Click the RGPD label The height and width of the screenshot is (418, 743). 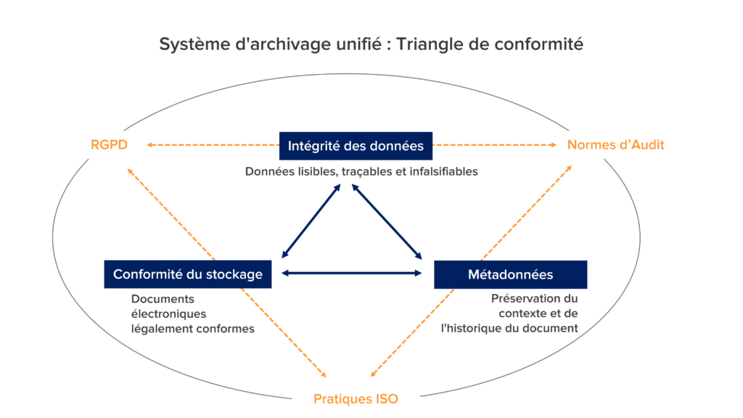[109, 144]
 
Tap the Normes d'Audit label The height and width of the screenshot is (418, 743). [615, 144]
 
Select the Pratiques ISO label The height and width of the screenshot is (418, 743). [356, 398]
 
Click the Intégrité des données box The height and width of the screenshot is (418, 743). [356, 146]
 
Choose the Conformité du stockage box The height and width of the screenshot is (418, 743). [187, 274]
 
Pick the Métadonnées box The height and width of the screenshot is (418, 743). [510, 274]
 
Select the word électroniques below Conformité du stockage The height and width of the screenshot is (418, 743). [169, 313]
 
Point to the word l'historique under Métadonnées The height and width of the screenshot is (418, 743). [476, 327]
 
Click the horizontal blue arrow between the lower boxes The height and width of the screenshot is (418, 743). [352, 273]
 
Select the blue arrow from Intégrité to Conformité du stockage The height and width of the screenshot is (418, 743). [310, 221]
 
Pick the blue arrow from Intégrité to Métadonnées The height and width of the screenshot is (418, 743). [386, 221]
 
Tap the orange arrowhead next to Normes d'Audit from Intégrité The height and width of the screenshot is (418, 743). [552, 145]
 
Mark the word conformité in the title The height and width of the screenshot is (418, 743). [538, 44]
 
